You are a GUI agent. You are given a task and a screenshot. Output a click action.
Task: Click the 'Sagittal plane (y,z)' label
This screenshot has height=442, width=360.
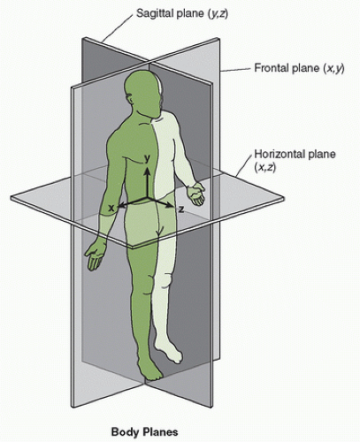pos(182,14)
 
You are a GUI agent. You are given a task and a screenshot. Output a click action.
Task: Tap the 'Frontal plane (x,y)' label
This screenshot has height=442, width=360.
pos(299,68)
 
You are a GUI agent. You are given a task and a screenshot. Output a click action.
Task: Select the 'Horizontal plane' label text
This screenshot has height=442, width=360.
pos(295,154)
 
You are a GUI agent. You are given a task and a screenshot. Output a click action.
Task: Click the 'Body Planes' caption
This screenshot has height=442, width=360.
pos(144,432)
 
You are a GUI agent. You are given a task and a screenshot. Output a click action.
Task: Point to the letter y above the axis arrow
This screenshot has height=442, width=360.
pos(147,159)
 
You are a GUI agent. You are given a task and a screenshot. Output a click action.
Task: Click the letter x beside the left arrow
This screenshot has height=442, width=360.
pos(111,208)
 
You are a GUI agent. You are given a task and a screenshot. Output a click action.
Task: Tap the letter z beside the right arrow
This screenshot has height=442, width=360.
pos(181,210)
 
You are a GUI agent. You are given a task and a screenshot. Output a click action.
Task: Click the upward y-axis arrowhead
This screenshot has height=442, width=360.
pos(147,171)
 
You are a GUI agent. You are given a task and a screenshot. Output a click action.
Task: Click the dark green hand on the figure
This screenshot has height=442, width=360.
pos(96,254)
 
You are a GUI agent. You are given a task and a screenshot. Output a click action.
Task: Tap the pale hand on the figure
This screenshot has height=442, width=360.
pos(196,194)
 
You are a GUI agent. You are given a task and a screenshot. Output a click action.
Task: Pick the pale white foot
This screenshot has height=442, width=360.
pos(172,352)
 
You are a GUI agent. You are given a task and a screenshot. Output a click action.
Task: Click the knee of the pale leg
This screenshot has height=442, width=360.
pos(165,280)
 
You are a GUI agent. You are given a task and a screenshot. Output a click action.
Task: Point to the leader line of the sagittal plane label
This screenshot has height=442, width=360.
pos(117,27)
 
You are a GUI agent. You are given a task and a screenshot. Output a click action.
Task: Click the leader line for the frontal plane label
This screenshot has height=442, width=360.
pos(236,70)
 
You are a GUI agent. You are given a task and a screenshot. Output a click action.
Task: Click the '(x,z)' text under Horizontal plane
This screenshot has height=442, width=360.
pos(264,167)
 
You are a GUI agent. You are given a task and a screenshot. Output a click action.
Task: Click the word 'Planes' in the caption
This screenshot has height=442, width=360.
pos(161,432)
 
